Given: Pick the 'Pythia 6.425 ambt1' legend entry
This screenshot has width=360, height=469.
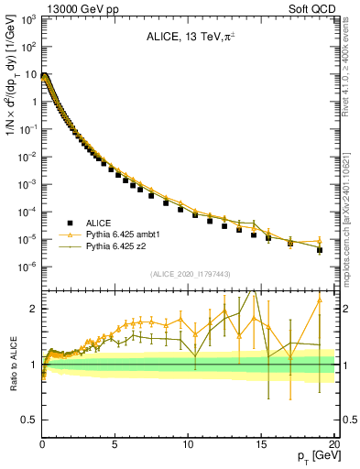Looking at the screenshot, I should click(112, 234).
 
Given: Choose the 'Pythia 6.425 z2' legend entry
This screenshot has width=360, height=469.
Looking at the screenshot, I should click(105, 246).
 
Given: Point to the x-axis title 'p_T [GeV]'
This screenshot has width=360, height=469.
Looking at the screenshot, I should click(316, 455).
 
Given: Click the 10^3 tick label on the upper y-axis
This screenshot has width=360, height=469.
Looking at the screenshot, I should click(28, 18).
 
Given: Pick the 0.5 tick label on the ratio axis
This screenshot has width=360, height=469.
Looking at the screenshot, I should click(29, 420).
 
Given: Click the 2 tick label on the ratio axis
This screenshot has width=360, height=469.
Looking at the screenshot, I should click(34, 309).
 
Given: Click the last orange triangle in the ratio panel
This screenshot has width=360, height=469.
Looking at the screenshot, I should click(320, 300).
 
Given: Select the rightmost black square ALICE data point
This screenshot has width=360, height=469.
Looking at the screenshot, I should click(320, 249).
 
